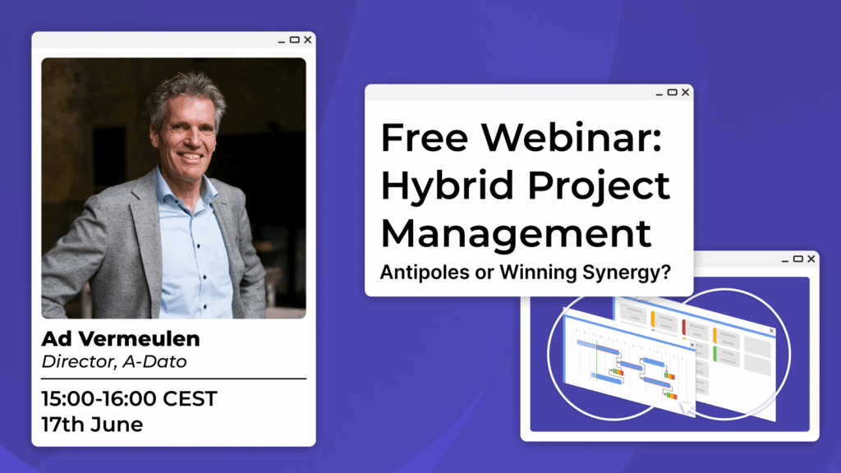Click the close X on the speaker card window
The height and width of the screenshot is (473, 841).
tap(308, 39)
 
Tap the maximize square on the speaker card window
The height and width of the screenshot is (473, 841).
tap(295, 39)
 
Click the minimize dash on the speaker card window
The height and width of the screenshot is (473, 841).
tap(282, 42)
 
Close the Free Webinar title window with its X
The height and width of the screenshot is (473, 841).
tap(686, 92)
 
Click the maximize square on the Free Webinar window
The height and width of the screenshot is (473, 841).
tap(672, 92)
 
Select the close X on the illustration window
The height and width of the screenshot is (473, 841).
tap(811, 259)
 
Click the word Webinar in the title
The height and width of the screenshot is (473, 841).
tap(572, 137)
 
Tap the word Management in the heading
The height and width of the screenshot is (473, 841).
tap(517, 233)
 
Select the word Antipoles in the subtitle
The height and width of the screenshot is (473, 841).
tap(425, 272)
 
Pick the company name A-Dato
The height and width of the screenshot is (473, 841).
tap(154, 361)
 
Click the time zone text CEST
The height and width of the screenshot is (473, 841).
tap(190, 399)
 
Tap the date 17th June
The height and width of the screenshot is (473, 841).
tap(92, 425)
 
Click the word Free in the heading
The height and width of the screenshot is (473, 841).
tap(425, 137)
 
